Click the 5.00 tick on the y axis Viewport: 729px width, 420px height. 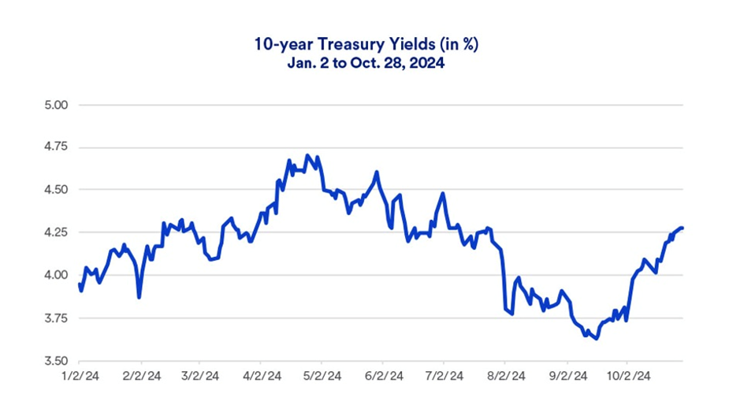click(x=58, y=105)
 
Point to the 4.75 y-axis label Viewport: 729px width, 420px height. click(x=58, y=147)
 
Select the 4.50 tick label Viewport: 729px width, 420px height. click(x=58, y=190)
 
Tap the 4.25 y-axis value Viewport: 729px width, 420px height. click(x=58, y=232)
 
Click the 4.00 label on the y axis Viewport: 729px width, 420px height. click(x=58, y=275)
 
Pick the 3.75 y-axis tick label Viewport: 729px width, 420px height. click(x=58, y=318)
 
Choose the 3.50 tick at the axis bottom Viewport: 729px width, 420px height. click(x=58, y=361)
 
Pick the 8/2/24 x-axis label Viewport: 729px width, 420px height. click(x=504, y=377)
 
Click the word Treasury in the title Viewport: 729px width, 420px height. click(x=333, y=45)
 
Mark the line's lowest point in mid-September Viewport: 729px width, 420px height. click(x=597, y=339)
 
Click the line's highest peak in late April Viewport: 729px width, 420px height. click(x=307, y=155)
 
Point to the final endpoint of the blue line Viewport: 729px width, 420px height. click(x=682, y=228)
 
